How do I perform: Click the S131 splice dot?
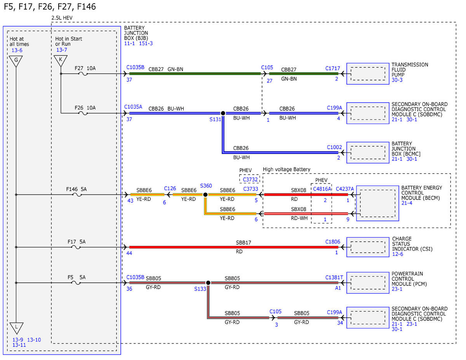(223, 113)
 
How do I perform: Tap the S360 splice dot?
(205, 195)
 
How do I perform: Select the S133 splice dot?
(208, 283)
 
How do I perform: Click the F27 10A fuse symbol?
(83, 73)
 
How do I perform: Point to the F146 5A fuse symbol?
(77, 195)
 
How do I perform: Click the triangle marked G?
(16, 61)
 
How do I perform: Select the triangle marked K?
(61, 61)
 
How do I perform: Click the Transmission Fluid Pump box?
(368, 73)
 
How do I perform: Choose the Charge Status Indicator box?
(368, 247)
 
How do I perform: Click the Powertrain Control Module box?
(368, 283)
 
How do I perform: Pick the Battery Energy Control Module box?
(377, 203)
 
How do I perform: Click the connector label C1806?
(333, 242)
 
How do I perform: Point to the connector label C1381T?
(334, 277)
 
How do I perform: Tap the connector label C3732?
(250, 179)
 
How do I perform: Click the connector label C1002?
(334, 147)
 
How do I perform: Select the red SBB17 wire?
(233, 247)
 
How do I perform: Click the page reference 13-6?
(17, 50)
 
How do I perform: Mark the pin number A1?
(338, 288)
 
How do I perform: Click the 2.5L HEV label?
(62, 18)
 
